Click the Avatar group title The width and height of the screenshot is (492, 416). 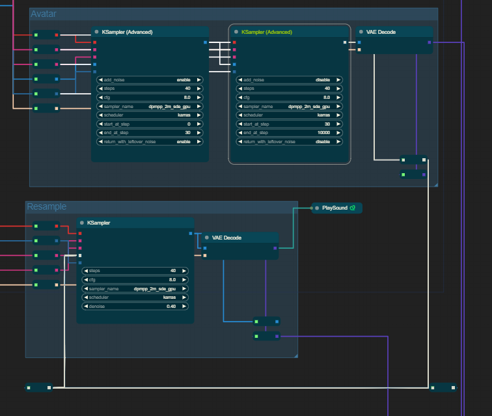click(43, 14)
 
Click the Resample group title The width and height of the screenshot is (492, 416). click(46, 206)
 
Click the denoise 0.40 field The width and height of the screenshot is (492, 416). click(135, 306)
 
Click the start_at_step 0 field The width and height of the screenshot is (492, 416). click(150, 124)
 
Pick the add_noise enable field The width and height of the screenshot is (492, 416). click(150, 79)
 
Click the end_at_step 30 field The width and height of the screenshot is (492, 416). click(150, 132)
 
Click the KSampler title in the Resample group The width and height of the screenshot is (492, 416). click(98, 223)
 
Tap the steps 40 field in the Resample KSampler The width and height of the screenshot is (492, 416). click(135, 270)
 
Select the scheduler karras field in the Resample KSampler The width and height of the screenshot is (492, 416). click(135, 297)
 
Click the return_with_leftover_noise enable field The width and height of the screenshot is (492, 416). click(150, 141)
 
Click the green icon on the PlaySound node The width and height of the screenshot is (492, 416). click(352, 208)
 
